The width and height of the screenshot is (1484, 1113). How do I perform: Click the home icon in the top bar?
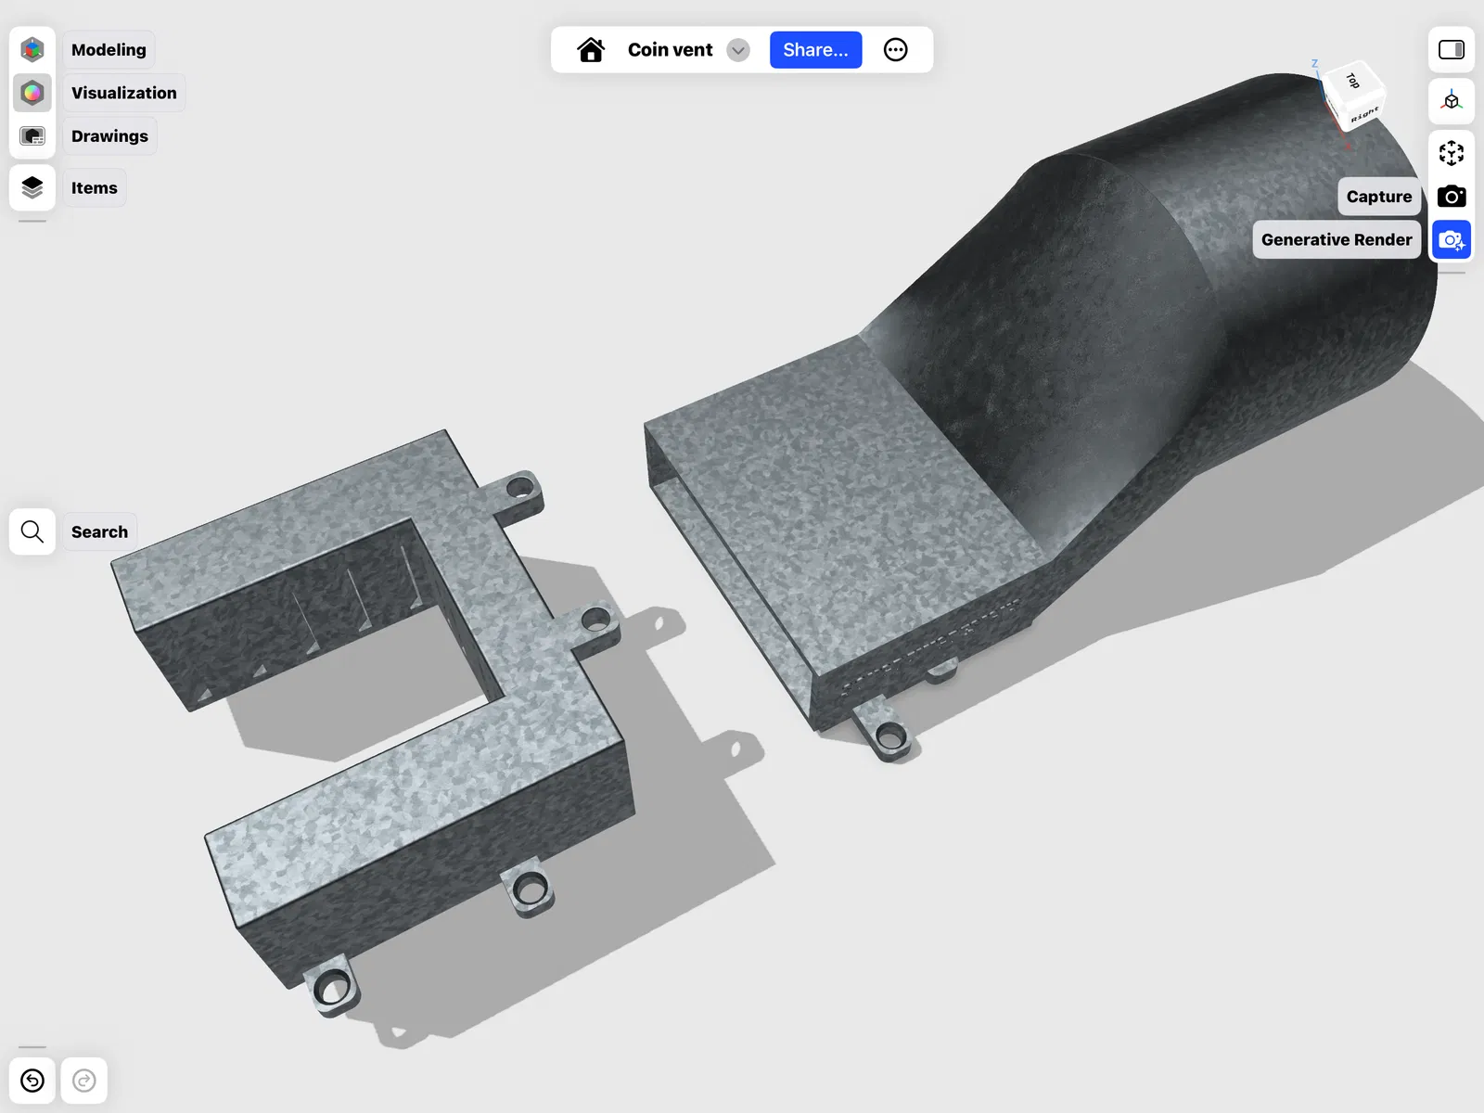[x=590, y=49]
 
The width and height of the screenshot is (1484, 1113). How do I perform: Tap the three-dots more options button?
[x=895, y=49]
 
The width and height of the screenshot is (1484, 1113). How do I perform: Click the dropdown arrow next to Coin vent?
[x=737, y=50]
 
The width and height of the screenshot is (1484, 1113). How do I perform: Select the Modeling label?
[x=109, y=49]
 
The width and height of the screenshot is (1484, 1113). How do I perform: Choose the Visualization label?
[x=123, y=93]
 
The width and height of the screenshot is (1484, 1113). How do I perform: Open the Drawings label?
[x=109, y=135]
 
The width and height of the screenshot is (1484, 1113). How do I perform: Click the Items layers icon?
[x=32, y=187]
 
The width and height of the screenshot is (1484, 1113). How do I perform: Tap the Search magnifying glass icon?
[x=32, y=531]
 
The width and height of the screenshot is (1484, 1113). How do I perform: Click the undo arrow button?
[x=32, y=1080]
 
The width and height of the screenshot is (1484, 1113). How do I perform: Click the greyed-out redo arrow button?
[x=83, y=1080]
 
